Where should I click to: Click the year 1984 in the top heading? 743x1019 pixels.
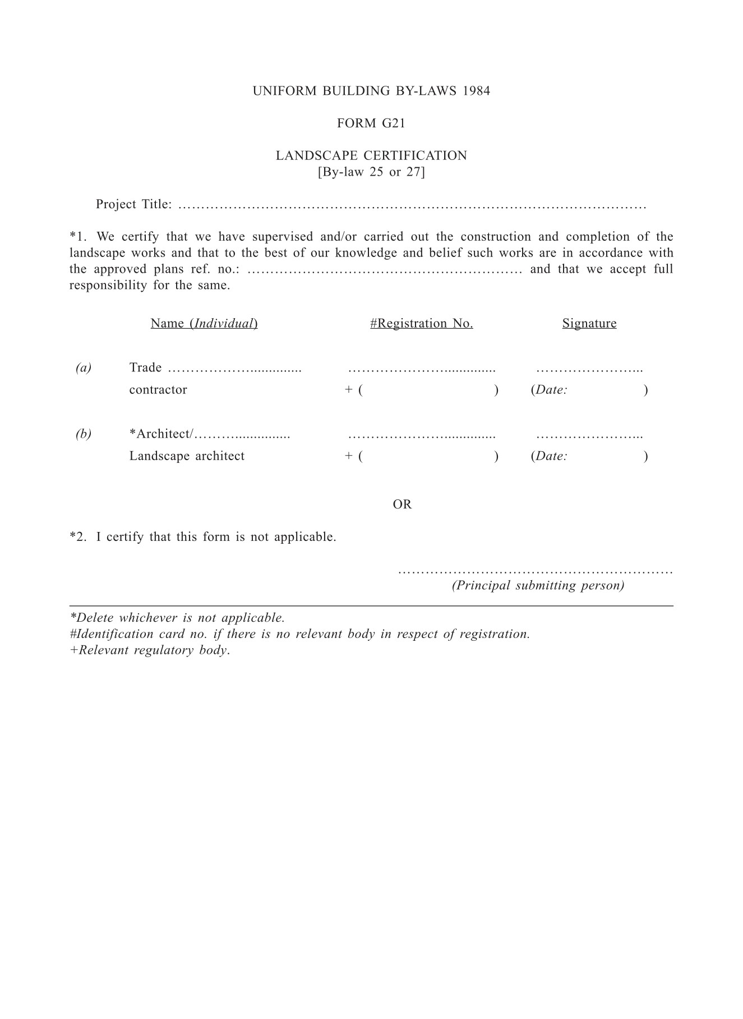[x=477, y=91]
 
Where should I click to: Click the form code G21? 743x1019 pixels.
[x=393, y=123]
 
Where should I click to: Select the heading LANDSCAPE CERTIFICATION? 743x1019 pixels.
[x=371, y=155]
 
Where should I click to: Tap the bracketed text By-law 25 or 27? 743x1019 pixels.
[x=371, y=172]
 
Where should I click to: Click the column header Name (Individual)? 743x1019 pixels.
[x=204, y=323]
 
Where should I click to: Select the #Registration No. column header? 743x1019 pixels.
[x=421, y=323]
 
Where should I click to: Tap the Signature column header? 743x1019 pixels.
[x=589, y=323]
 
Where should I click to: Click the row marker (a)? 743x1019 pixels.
[x=84, y=368]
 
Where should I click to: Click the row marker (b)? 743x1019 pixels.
[x=84, y=434]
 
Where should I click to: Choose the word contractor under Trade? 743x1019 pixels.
[x=158, y=390]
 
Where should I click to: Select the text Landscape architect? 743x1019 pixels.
[x=187, y=456]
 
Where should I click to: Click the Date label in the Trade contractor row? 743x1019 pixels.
[x=551, y=390]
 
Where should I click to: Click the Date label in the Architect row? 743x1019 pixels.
[x=551, y=456]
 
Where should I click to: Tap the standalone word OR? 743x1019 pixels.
[x=402, y=504]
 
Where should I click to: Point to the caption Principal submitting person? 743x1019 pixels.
[x=538, y=585]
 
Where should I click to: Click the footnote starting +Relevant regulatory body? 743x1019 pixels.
[x=150, y=650]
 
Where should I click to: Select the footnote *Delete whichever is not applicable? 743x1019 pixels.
[x=177, y=618]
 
